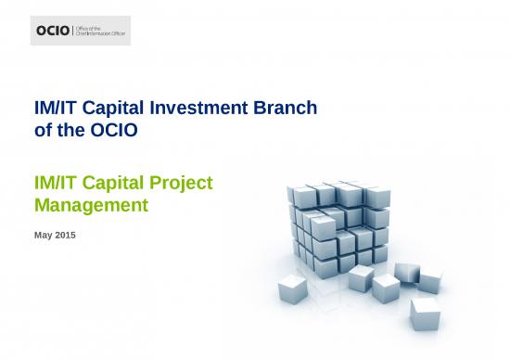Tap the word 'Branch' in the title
(x=287, y=109)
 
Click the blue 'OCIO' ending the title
(x=116, y=132)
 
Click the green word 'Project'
(x=185, y=184)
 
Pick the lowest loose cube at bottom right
(x=425, y=312)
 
